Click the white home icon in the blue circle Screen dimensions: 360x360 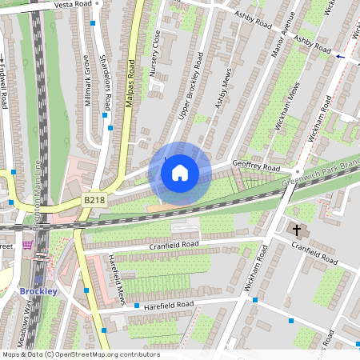point(180,172)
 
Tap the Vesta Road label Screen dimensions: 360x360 point(74,5)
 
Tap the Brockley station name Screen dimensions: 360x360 point(38,291)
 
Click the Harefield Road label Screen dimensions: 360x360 point(169,305)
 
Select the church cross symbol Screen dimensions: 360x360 point(297,230)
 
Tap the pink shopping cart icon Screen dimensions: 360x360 point(28,245)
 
